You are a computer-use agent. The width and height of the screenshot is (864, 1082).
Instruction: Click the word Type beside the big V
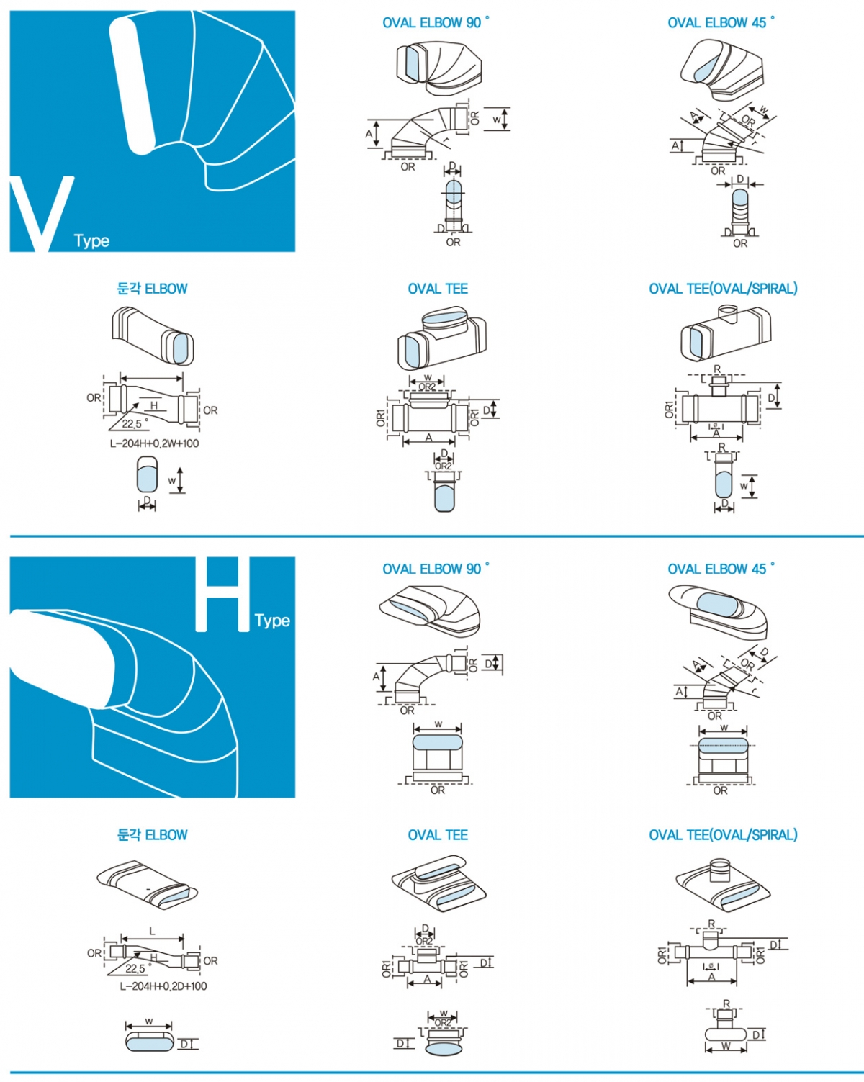click(91, 241)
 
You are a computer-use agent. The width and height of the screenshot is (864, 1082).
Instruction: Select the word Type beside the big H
click(272, 621)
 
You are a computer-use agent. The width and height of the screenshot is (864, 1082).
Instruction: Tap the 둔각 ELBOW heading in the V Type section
click(152, 289)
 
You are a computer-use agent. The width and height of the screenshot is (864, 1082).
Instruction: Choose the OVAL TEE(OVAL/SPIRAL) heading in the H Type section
click(723, 835)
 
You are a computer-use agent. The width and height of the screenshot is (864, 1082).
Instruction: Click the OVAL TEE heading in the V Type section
click(438, 289)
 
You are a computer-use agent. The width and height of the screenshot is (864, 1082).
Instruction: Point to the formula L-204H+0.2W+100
click(154, 443)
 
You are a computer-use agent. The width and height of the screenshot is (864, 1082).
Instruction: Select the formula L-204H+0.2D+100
click(163, 986)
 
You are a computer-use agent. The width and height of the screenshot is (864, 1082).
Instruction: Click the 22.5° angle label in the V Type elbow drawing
click(135, 424)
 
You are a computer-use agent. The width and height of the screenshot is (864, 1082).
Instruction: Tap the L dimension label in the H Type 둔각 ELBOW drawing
click(152, 932)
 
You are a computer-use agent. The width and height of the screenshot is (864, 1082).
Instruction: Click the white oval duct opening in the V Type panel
click(132, 85)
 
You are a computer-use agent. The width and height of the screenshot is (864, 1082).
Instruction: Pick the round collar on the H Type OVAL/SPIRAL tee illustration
click(721, 869)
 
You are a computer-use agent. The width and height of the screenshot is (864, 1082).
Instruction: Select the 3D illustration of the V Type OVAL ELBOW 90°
click(438, 66)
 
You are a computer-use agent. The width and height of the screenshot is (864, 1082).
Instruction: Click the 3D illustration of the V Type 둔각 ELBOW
click(153, 335)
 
